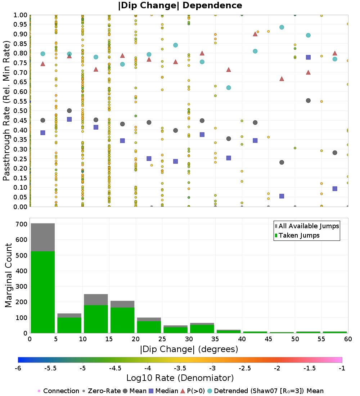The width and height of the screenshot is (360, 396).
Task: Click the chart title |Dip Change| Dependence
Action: (x=180, y=5)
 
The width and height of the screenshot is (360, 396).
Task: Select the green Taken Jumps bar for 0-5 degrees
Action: (x=42, y=292)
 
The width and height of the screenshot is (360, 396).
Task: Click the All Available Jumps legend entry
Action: (x=306, y=226)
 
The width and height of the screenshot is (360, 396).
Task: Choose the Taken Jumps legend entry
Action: (x=297, y=235)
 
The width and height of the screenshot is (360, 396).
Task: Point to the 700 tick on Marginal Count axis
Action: (x=21, y=224)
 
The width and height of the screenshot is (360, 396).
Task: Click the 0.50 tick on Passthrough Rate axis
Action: (x=20, y=111)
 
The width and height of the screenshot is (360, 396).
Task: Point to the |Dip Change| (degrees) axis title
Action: (x=189, y=349)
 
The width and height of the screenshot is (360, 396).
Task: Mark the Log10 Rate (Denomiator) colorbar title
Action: (x=180, y=378)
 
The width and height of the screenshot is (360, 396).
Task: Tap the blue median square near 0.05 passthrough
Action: (x=282, y=196)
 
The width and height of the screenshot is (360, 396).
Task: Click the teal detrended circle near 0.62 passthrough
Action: (x=229, y=88)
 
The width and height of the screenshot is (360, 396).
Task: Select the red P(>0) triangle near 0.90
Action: (x=255, y=34)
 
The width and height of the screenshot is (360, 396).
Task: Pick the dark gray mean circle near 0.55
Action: (x=308, y=100)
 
